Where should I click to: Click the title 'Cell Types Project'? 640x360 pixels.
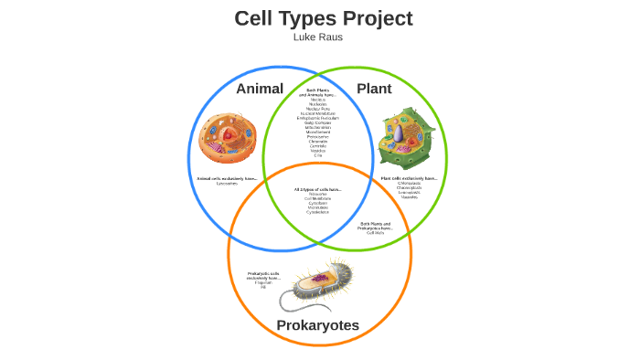tap(323, 18)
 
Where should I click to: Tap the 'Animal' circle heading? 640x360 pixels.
tap(260, 89)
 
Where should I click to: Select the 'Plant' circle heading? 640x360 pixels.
tap(374, 89)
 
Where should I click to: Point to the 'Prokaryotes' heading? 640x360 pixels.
tap(317, 325)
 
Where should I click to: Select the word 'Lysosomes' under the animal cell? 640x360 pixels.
tap(227, 184)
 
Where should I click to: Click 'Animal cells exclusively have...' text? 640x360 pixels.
tap(227, 178)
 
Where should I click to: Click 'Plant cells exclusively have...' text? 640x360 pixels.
tap(408, 178)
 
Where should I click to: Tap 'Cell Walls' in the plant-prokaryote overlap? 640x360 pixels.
tap(376, 233)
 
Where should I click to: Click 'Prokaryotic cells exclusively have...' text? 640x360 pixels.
tap(263, 275)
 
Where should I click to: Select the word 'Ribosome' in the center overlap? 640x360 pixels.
tap(317, 195)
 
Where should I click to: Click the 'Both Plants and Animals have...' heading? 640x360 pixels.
tap(318, 92)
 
